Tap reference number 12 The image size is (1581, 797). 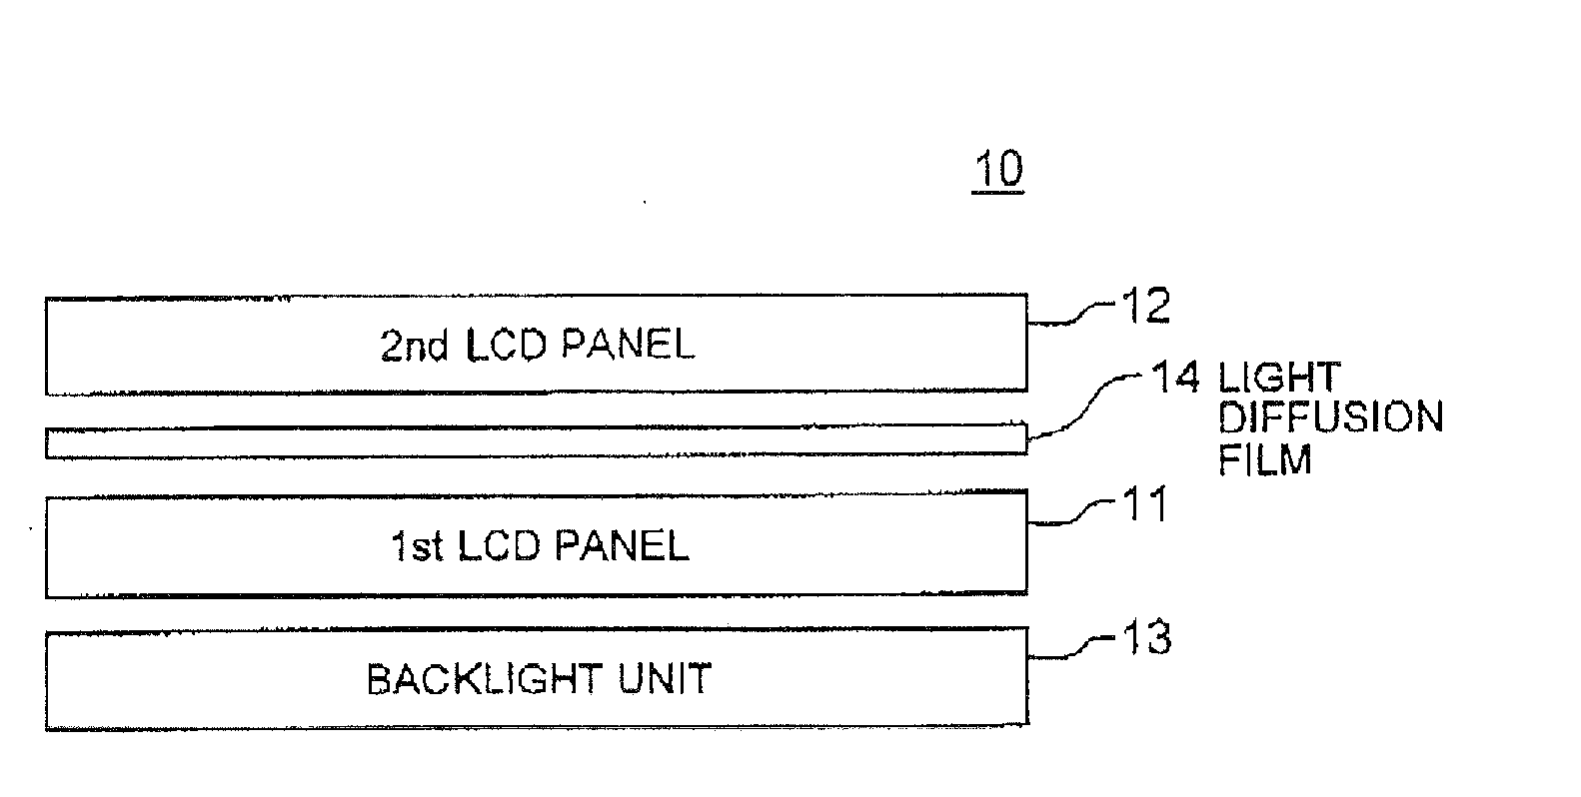coord(1145,306)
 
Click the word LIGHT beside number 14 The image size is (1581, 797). coord(1279,378)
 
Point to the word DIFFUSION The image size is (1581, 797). coord(1331,417)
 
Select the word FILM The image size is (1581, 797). coord(1264,459)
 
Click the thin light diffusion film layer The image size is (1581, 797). coord(536,441)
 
